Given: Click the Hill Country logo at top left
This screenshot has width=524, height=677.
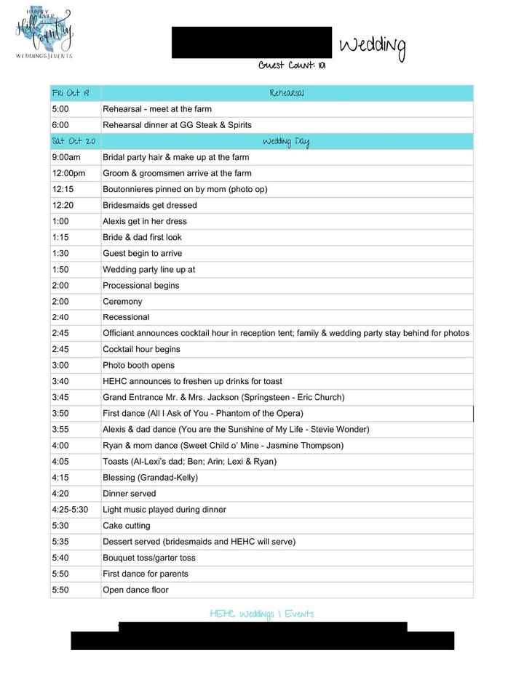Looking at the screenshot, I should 44,33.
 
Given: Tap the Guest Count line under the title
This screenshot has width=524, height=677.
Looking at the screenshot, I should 291,65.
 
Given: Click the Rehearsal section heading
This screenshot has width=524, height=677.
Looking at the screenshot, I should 286,93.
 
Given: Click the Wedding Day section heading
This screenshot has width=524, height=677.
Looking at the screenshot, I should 286,141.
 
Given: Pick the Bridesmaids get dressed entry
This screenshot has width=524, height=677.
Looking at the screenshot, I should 149,205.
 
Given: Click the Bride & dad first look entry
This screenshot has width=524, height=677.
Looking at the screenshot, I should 142,237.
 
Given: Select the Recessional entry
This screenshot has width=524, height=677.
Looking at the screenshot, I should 126,317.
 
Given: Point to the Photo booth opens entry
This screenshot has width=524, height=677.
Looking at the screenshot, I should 138,365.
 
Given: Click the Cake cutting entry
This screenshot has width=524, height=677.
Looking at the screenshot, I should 127,525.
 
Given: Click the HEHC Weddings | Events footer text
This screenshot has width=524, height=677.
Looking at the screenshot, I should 261,614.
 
